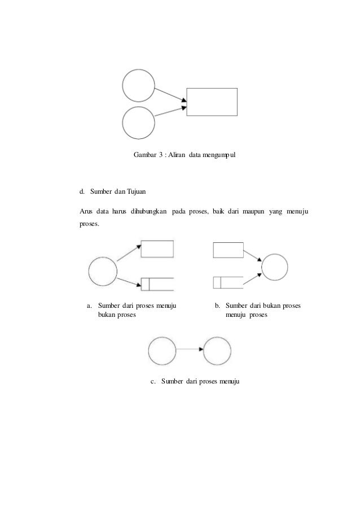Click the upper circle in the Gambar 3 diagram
(x=139, y=86)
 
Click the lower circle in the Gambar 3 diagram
(x=139, y=123)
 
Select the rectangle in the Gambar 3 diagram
(x=212, y=102)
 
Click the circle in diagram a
(x=103, y=272)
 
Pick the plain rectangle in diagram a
(x=157, y=249)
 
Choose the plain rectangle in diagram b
(x=228, y=250)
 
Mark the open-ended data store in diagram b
(x=228, y=281)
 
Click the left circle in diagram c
(x=163, y=351)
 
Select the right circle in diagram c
(x=217, y=351)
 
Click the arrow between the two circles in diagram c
(x=190, y=351)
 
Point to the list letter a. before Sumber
(x=89, y=306)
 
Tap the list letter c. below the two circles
(x=153, y=382)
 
